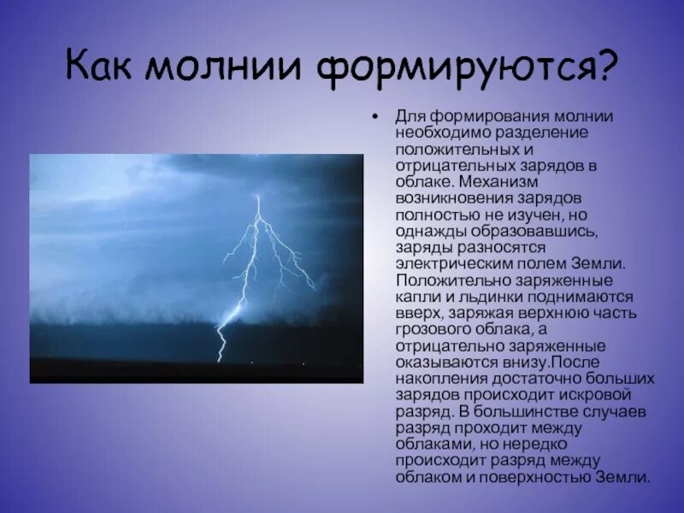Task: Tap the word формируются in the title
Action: click(x=453, y=67)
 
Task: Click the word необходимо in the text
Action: click(x=434, y=131)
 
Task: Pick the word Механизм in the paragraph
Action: click(x=498, y=182)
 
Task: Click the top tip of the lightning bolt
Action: click(x=258, y=197)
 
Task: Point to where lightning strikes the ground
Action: click(x=221, y=360)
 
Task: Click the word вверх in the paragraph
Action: click(x=416, y=313)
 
